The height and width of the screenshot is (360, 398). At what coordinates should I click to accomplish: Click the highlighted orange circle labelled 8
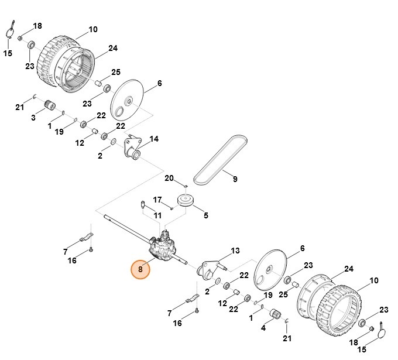click(140, 270)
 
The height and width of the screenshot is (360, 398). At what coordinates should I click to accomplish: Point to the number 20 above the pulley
click(169, 178)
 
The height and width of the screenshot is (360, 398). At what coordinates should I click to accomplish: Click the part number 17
click(157, 200)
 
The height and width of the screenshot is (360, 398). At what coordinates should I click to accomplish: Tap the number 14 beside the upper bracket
click(154, 139)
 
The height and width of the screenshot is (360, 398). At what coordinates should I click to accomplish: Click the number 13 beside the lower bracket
click(235, 251)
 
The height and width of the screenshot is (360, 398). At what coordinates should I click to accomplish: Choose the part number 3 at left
click(33, 118)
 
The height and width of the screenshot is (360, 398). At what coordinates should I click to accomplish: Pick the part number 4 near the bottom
click(263, 328)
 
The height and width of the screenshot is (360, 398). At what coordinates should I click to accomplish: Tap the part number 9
click(235, 179)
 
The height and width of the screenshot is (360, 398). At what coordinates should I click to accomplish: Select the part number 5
click(205, 215)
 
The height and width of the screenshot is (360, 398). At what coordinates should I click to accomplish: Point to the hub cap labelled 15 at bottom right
click(382, 331)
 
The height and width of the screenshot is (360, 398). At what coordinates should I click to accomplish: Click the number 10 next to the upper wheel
click(93, 29)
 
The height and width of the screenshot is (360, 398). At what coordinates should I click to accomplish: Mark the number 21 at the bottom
click(287, 338)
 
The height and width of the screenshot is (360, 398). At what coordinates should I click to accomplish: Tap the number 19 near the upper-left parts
click(59, 132)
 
